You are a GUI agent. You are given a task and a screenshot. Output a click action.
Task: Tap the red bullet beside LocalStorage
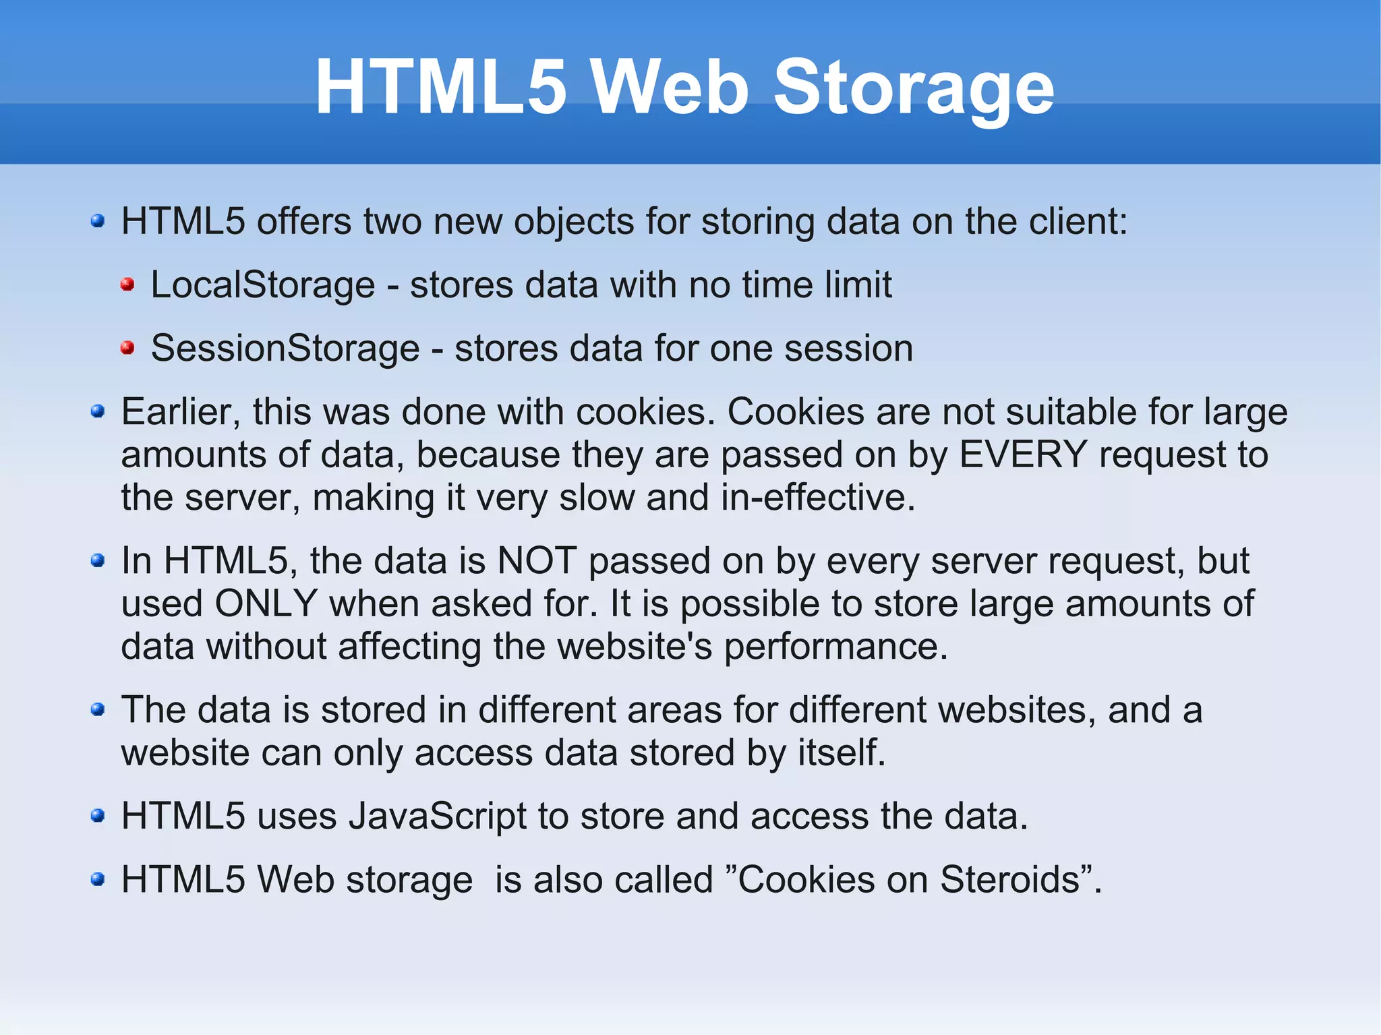tap(127, 285)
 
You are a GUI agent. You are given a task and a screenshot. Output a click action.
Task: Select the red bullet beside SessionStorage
tap(127, 348)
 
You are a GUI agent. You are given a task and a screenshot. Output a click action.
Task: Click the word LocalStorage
tap(262, 285)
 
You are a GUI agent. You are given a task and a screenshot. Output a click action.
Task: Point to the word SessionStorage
tap(285, 349)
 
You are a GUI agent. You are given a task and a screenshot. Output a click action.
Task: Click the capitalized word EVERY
tap(1023, 454)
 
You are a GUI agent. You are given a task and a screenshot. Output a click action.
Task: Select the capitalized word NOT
tap(537, 560)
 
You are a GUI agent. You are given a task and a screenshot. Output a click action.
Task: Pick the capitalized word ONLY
tap(266, 603)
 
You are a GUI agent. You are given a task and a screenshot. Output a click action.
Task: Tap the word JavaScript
tap(438, 816)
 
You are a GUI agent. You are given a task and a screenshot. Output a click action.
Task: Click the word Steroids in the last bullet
tap(1009, 879)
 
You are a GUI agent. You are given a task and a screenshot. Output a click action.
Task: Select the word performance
tap(835, 647)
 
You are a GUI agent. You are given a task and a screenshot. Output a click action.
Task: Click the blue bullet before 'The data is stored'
tap(98, 709)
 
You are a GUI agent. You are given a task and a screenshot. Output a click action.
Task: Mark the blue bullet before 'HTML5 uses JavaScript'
tap(98, 816)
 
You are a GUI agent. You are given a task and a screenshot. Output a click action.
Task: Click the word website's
tap(635, 647)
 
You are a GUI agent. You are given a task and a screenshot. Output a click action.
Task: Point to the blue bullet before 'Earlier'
tap(98, 411)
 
